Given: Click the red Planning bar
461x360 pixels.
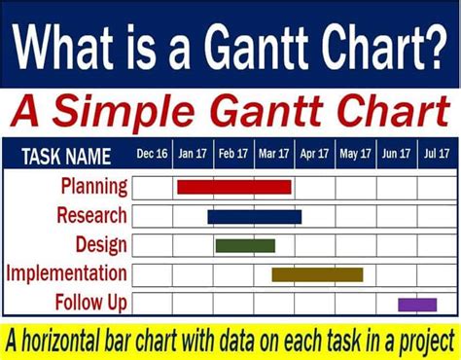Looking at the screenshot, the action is [x=234, y=187].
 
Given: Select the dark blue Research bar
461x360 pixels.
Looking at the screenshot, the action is [x=255, y=217].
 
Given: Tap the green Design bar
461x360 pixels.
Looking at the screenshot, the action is [x=245, y=245].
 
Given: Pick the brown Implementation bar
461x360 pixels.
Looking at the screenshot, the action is [x=317, y=274].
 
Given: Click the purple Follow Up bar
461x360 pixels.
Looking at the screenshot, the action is [x=417, y=305].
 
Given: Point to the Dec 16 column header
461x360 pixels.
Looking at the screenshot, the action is [x=152, y=154].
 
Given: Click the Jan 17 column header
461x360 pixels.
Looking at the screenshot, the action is [x=193, y=154].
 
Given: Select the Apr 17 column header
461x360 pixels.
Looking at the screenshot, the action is [x=314, y=154].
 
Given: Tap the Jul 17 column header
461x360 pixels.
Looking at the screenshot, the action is [x=437, y=154].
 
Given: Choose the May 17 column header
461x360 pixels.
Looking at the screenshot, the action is [x=355, y=154].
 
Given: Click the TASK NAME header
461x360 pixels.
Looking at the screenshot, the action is [x=66, y=157].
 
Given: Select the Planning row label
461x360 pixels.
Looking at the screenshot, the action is [x=94, y=187].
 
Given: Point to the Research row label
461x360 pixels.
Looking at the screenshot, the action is [x=91, y=215].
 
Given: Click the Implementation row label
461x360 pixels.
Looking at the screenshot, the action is [x=66, y=273].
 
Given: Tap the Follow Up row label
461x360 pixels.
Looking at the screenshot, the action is [x=91, y=303].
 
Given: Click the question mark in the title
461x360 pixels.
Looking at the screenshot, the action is [x=436, y=46].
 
